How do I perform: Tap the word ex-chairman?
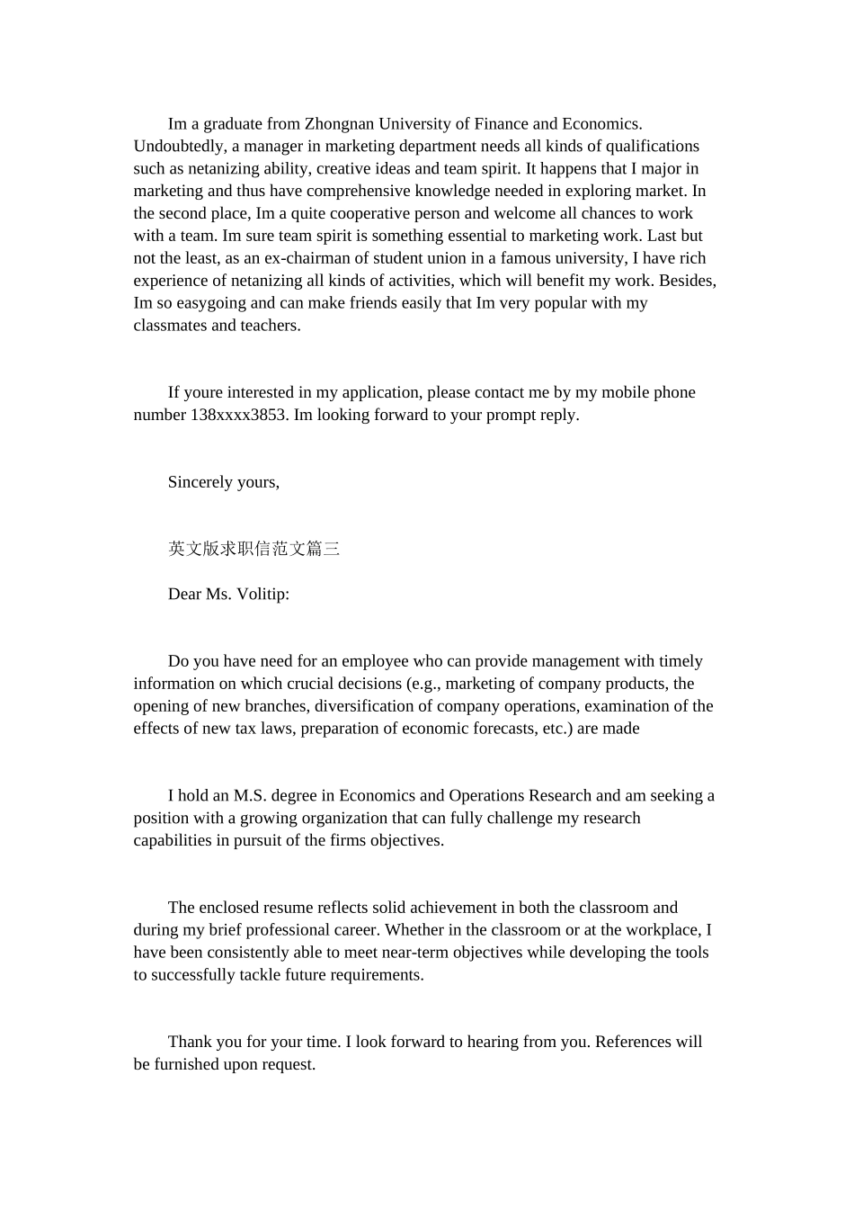[x=303, y=258]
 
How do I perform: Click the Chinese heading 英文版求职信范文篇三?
[x=254, y=549]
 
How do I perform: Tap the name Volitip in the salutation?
[x=261, y=595]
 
